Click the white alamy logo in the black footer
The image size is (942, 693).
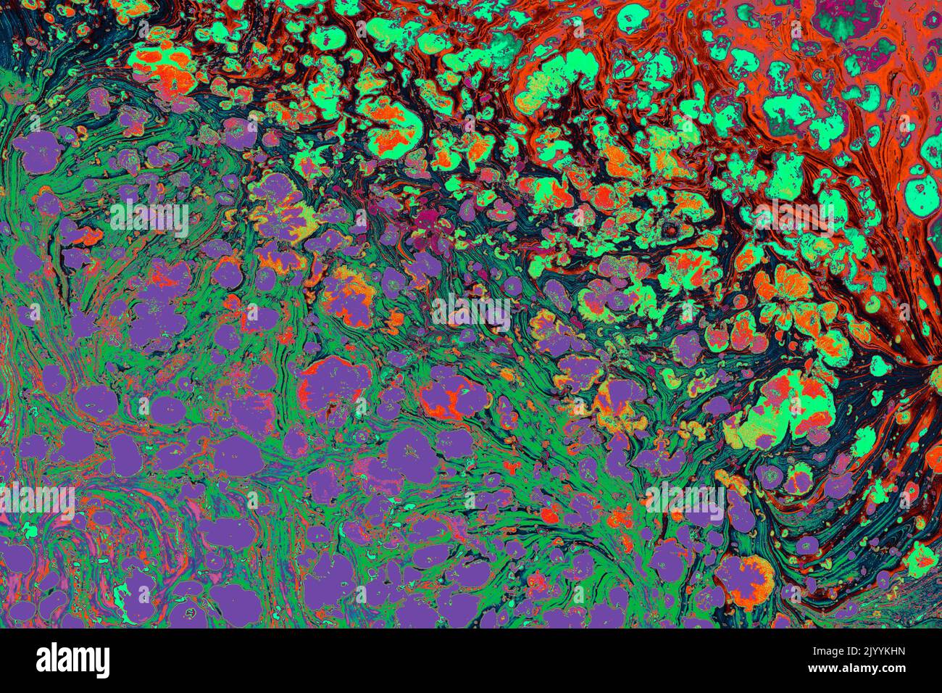[73, 660]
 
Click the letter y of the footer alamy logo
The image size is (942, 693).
[102, 663]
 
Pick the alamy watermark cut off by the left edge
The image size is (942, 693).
[36, 501]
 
